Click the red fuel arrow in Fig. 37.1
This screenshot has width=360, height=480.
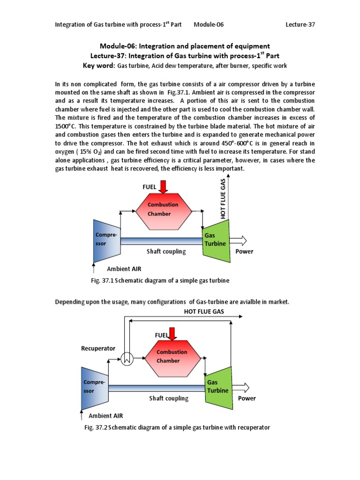[x=163, y=187]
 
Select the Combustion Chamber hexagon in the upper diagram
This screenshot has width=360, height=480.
[x=163, y=210]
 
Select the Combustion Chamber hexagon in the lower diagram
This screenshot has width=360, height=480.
[x=172, y=356]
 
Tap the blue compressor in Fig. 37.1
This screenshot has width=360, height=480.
[x=106, y=241]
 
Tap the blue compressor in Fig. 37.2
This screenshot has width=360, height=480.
[x=95, y=387]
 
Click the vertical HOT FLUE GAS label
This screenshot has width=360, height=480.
[x=223, y=197]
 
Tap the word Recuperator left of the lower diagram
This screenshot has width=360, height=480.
[x=98, y=348]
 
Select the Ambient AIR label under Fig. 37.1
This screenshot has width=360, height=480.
[x=124, y=269]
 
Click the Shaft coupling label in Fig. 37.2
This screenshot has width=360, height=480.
[x=169, y=398]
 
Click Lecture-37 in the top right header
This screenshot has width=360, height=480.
[x=300, y=24]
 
